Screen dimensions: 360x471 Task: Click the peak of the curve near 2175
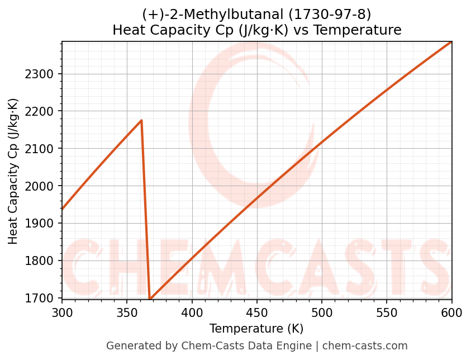click(x=141, y=120)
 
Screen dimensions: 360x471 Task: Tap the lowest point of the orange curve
click(x=150, y=299)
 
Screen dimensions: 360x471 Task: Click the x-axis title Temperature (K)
click(x=256, y=329)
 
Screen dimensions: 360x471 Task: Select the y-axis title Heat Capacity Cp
click(x=13, y=171)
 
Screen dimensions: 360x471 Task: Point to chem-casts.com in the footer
click(x=365, y=346)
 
